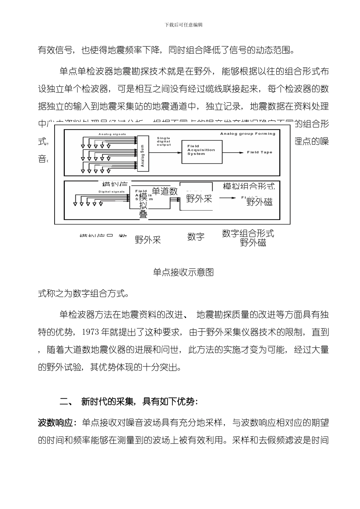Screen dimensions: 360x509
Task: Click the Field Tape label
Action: coord(260,152)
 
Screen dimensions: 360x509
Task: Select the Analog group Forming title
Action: coord(248,134)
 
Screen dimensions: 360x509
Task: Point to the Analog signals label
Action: coord(112,134)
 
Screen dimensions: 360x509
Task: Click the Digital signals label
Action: coord(112,192)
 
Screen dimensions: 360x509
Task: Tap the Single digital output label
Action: coord(164,141)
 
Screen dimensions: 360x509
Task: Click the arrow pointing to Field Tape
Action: coord(233,152)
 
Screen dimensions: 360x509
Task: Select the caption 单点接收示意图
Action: coord(183,272)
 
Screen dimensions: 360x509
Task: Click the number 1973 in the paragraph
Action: coord(90,333)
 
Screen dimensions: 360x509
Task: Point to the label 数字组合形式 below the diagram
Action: coord(248,233)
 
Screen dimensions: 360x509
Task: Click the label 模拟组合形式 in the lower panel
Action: coord(249,186)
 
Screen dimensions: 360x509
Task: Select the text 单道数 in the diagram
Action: coord(165,191)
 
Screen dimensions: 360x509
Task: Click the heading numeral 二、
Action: coord(67,402)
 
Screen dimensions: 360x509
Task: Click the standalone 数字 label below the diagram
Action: coord(196,237)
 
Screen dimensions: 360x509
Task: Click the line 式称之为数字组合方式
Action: coord(83,294)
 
